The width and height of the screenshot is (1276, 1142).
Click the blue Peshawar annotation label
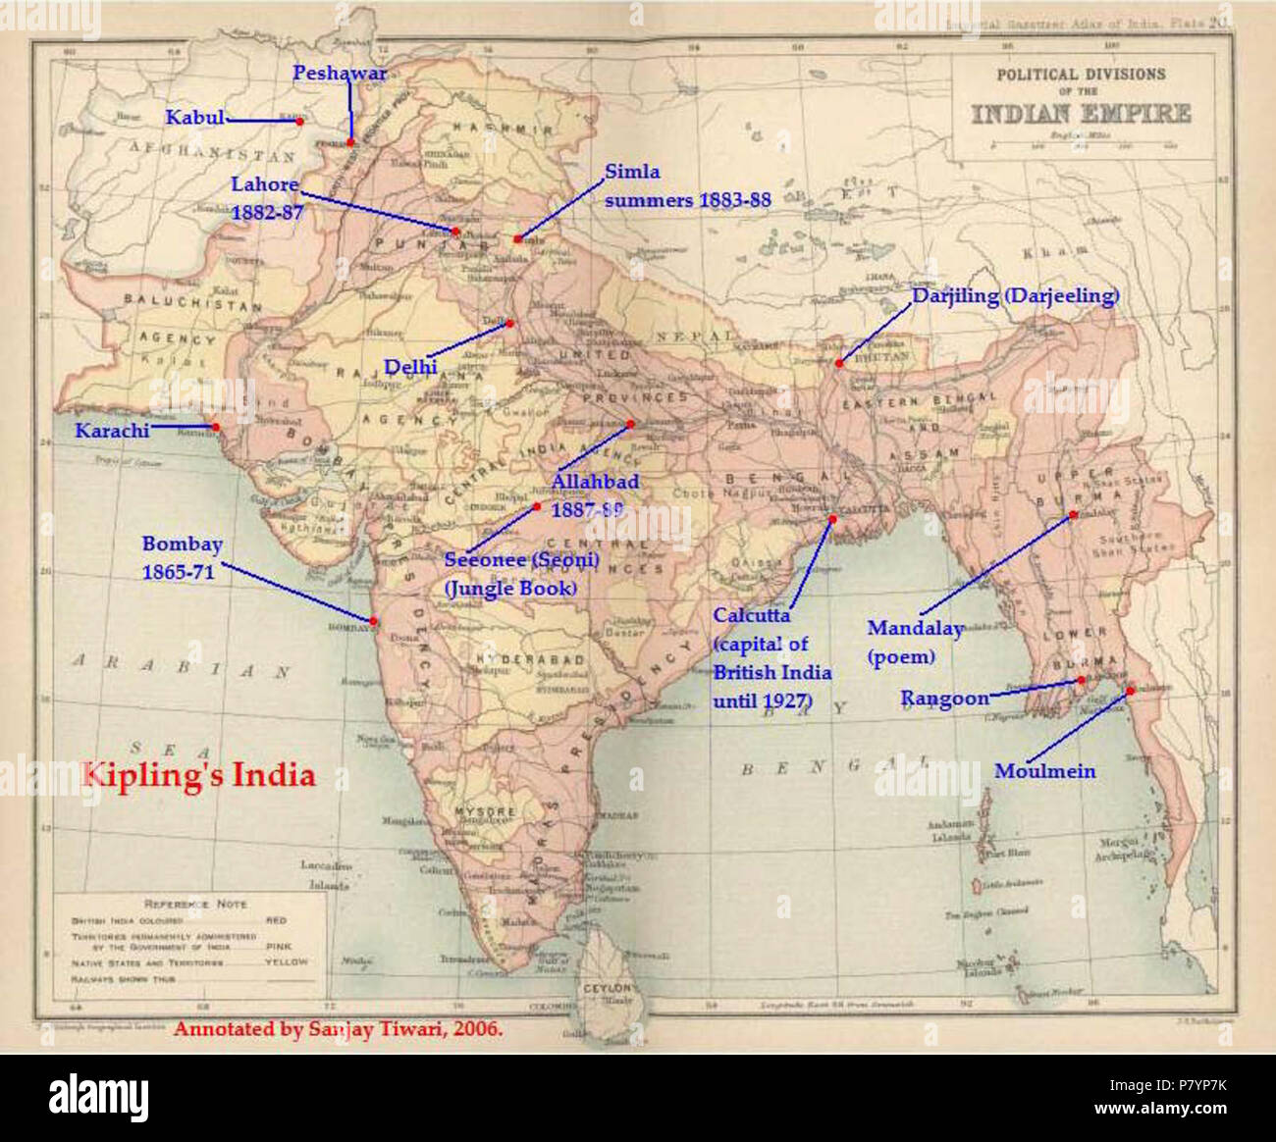(x=340, y=74)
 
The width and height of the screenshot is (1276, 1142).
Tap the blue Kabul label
(x=194, y=118)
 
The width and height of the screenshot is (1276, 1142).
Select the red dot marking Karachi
(x=215, y=427)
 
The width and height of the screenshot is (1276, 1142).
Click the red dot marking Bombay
(x=373, y=620)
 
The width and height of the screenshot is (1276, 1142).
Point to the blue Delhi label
(x=410, y=367)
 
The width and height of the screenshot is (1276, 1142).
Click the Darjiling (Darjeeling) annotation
(x=1015, y=295)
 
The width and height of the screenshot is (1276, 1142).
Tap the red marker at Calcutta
(x=832, y=518)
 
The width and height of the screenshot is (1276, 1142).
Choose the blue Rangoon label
(x=944, y=699)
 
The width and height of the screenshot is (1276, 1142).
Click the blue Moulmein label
(x=1044, y=771)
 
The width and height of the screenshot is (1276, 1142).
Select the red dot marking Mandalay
(x=1073, y=513)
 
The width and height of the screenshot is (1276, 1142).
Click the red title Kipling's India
(x=198, y=775)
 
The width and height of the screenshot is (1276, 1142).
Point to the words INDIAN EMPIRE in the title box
(x=1081, y=114)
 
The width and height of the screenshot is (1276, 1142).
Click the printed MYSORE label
(x=485, y=812)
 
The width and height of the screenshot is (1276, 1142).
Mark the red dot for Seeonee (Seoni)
(x=537, y=506)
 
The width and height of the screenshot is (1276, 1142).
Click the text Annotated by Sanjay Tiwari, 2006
(x=339, y=1029)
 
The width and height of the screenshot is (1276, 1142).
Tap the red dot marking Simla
(x=517, y=238)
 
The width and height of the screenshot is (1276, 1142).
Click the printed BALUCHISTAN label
(x=192, y=303)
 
